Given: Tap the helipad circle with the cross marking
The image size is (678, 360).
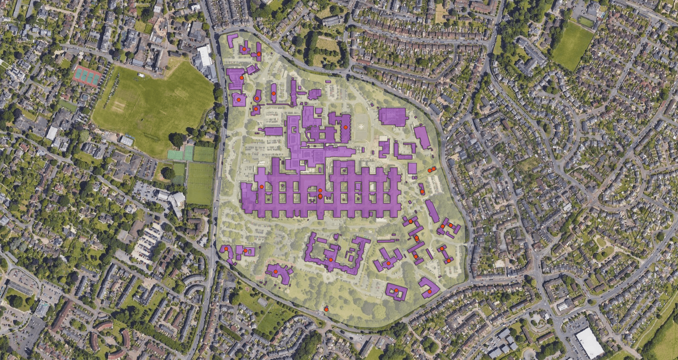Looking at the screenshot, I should (360, 126).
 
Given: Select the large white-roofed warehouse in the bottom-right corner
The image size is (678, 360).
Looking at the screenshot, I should (589, 343).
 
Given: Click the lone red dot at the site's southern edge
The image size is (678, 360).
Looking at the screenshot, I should (326, 310).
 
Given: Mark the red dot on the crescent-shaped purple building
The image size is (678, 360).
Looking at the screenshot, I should (275, 271).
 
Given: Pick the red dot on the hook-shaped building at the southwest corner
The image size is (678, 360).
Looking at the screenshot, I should (226, 249).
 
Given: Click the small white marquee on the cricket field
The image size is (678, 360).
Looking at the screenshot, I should (141, 75).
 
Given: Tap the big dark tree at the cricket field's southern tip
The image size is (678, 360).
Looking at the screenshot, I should (177, 139).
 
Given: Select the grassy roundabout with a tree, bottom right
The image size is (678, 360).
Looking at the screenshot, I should (600, 242).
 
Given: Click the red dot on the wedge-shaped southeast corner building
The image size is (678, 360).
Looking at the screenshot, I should (429, 292).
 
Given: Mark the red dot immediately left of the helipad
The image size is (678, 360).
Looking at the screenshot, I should (345, 127).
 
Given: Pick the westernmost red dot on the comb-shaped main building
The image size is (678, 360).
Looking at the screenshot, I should (261, 187).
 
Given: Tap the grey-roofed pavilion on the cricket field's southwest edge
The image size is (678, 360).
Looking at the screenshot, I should (126, 141).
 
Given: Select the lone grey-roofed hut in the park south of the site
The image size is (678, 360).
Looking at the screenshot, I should (262, 302).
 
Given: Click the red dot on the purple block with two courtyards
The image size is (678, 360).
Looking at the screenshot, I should (396, 290).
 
